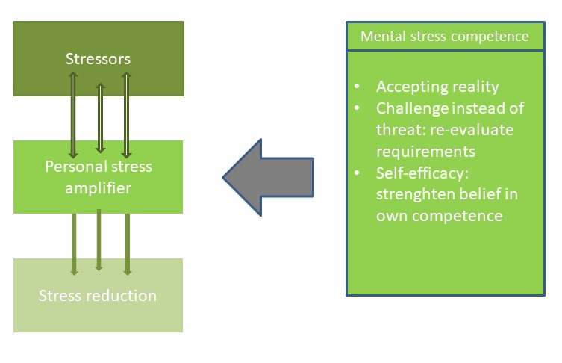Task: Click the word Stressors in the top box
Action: (x=98, y=58)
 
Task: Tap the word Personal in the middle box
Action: (x=72, y=166)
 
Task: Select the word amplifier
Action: (x=98, y=187)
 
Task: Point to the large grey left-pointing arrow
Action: (x=269, y=177)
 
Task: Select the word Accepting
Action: (x=410, y=87)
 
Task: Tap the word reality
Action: (x=475, y=87)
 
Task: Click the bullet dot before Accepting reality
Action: (x=360, y=87)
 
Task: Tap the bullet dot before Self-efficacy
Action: (x=360, y=174)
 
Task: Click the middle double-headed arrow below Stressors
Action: (x=99, y=117)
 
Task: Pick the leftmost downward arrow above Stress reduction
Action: (x=74, y=243)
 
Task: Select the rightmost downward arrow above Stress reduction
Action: (x=127, y=243)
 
